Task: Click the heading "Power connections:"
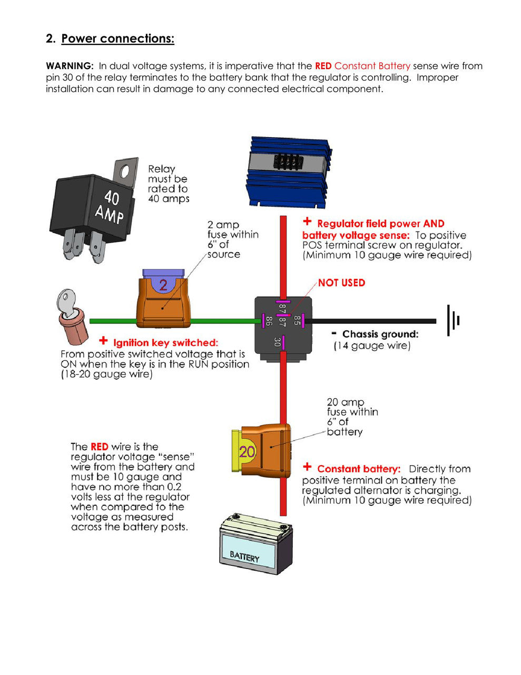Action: pyautogui.click(x=117, y=38)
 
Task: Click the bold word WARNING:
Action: pyautogui.click(x=70, y=66)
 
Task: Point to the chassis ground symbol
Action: pyautogui.click(x=453, y=320)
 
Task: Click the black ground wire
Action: pyautogui.click(x=374, y=321)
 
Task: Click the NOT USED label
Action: pyautogui.click(x=341, y=283)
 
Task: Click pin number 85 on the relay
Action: pyautogui.click(x=297, y=320)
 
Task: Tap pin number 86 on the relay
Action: pyautogui.click(x=269, y=320)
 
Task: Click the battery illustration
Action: pyautogui.click(x=255, y=546)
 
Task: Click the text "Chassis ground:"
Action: pyautogui.click(x=380, y=334)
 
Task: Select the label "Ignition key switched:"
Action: pyautogui.click(x=165, y=343)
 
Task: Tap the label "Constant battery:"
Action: pyautogui.click(x=358, y=469)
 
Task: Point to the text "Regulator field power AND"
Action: pyautogui.click(x=380, y=224)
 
